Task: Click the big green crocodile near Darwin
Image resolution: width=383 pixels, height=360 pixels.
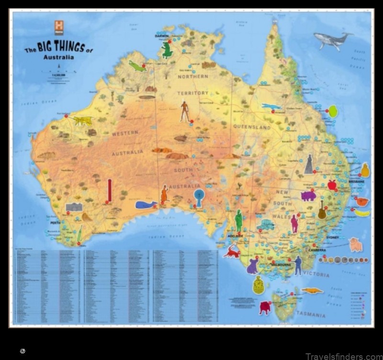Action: [167, 50]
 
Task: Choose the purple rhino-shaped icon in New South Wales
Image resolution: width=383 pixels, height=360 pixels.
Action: [308, 195]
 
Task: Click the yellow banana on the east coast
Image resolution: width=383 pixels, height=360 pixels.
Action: [362, 213]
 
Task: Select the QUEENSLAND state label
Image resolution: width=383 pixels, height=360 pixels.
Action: [252, 127]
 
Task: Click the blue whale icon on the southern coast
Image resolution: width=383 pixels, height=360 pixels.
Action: [146, 205]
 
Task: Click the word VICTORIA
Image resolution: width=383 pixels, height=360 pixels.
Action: [316, 275]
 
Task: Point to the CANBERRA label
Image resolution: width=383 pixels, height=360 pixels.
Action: [317, 250]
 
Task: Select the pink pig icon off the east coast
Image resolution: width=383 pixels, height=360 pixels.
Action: [355, 244]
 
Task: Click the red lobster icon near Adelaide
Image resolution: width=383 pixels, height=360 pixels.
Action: [233, 251]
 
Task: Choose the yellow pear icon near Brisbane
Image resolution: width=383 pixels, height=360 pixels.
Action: [365, 170]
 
